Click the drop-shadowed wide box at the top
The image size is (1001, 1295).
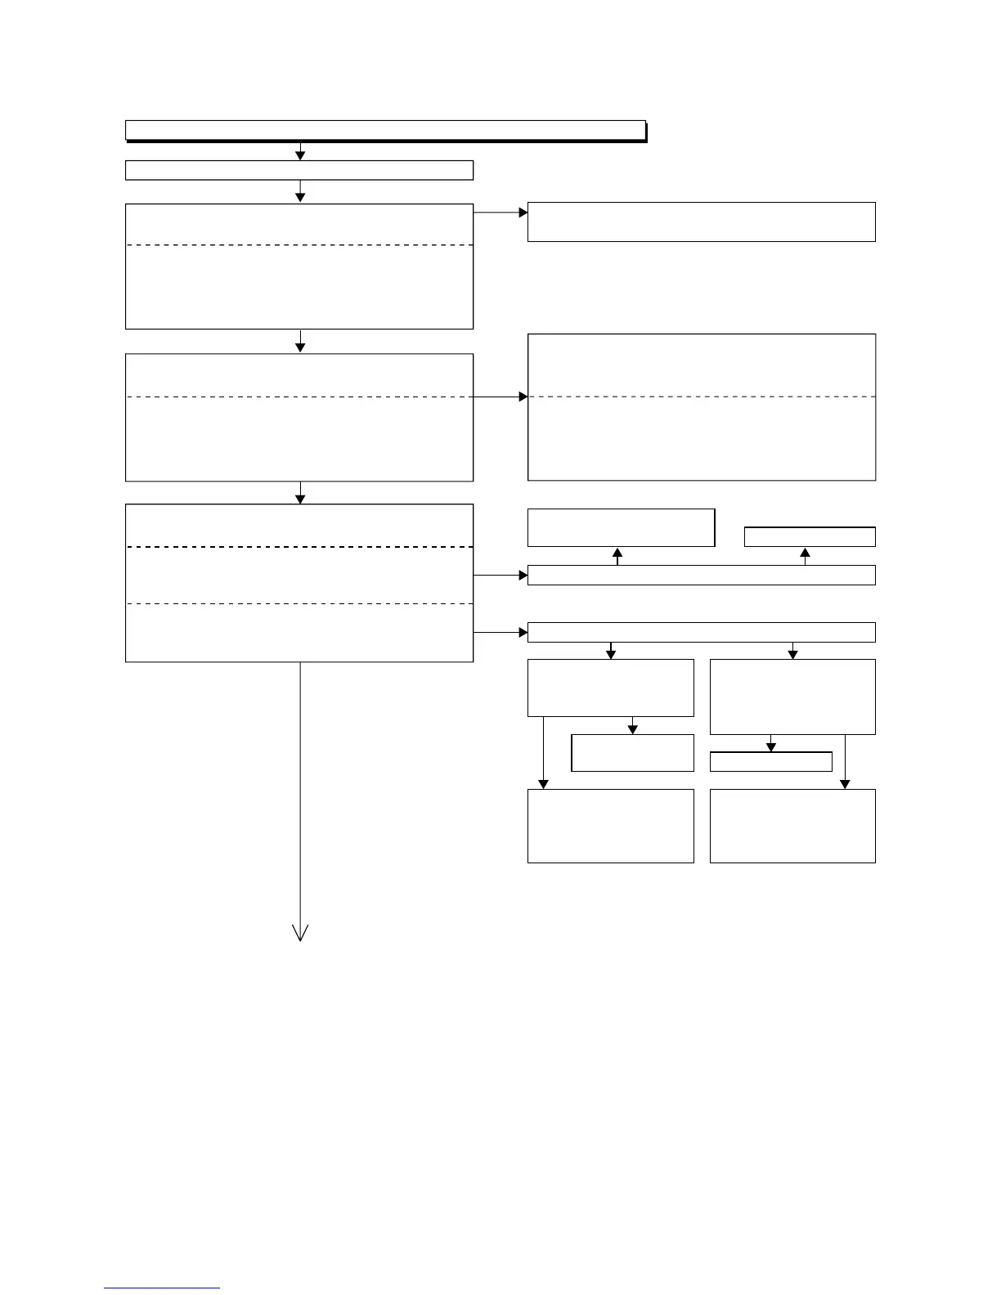click(x=385, y=130)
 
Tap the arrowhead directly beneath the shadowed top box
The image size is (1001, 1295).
click(x=300, y=155)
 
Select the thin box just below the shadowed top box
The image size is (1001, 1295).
click(x=299, y=170)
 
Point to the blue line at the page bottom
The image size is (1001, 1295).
click(x=161, y=1288)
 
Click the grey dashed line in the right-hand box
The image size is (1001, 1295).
click(x=702, y=397)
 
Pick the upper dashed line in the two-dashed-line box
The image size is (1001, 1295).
click(x=299, y=546)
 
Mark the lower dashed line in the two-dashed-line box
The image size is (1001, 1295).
click(x=299, y=603)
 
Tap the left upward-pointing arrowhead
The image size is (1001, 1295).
click(x=617, y=553)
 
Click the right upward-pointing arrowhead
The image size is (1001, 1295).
click(x=805, y=553)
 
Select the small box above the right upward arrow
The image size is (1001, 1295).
click(x=810, y=537)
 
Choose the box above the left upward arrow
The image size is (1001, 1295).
click(x=621, y=527)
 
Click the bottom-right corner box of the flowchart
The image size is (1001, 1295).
click(x=792, y=826)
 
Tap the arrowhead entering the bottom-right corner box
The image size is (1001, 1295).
click(x=845, y=784)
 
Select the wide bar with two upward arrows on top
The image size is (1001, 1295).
click(x=701, y=575)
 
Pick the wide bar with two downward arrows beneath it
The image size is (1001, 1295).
click(x=701, y=632)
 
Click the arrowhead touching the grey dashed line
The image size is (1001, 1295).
click(x=523, y=397)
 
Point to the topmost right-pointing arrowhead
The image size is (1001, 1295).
click(x=523, y=212)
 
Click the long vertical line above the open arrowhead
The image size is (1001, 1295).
click(x=300, y=793)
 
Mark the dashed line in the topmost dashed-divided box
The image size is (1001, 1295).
click(x=299, y=244)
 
